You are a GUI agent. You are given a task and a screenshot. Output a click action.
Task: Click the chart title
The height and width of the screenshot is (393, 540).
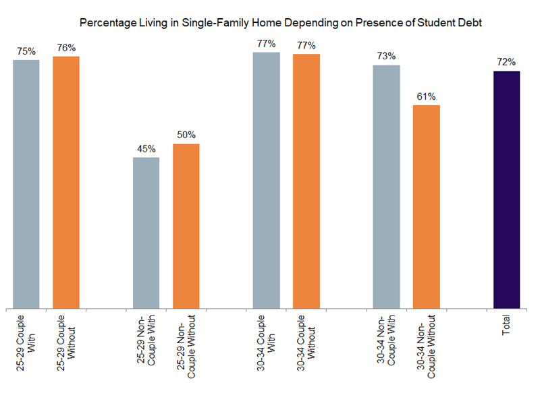click(281, 23)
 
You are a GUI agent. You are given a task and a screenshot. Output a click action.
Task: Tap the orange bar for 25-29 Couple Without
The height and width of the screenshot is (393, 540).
click(66, 182)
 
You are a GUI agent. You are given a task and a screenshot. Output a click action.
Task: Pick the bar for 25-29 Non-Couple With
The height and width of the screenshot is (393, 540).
click(146, 233)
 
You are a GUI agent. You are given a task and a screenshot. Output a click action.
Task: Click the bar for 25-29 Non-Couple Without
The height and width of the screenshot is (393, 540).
click(186, 226)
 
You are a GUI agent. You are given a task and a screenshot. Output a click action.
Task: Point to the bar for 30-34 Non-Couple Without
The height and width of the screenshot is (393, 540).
click(426, 206)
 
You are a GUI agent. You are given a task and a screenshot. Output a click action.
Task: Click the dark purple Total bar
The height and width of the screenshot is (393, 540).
click(506, 189)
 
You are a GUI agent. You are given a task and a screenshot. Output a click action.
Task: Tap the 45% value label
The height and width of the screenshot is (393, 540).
click(146, 149)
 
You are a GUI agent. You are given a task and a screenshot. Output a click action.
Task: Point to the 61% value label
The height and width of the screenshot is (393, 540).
click(426, 96)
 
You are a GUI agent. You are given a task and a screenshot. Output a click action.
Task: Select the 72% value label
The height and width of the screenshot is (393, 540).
click(506, 62)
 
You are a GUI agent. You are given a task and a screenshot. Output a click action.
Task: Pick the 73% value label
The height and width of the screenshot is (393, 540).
click(386, 57)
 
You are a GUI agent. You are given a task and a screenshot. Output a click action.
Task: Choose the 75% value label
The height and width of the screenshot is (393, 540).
click(26, 51)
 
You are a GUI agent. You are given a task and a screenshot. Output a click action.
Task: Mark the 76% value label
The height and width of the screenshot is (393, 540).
click(66, 47)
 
